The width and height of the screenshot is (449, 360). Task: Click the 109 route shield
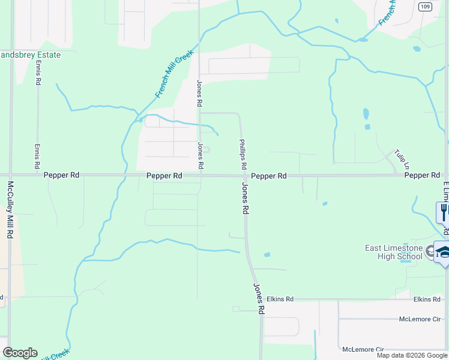coord(424,7)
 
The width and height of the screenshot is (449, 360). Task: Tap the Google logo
coord(20,353)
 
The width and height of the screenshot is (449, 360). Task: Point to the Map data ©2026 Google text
coord(412,355)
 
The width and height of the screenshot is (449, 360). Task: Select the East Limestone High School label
coord(393,253)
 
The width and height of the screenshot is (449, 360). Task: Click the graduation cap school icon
coord(443,252)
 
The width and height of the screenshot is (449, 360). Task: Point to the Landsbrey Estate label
coord(30,55)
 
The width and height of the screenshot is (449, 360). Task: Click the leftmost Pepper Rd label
coord(62,176)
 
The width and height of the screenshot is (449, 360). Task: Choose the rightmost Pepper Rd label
coord(422,175)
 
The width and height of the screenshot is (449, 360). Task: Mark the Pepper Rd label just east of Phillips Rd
coord(268,176)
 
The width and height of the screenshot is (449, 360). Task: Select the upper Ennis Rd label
coord(38,73)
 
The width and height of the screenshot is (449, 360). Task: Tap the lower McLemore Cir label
coord(363,349)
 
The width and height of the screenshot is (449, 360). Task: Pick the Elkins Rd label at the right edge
coord(427,299)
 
